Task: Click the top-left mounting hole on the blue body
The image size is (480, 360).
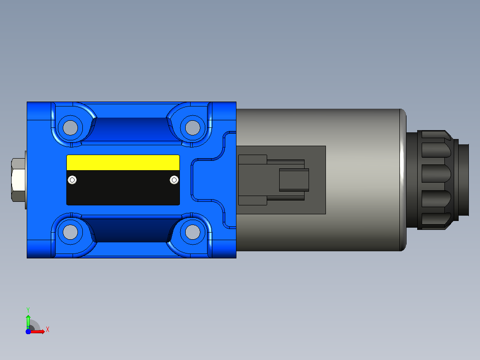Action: [70, 128]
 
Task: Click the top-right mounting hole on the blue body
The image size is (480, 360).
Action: [192, 128]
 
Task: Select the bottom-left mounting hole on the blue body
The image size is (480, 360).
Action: [70, 232]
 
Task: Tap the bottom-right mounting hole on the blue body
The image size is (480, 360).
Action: [192, 232]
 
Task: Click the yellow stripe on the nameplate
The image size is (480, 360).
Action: [123, 163]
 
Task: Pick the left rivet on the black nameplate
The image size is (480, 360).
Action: [72, 180]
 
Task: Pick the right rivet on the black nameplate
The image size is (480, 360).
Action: [174, 180]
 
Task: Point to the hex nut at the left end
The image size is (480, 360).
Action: [18, 180]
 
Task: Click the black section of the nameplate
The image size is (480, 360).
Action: [123, 188]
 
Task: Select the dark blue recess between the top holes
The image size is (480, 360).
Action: [132, 129]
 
